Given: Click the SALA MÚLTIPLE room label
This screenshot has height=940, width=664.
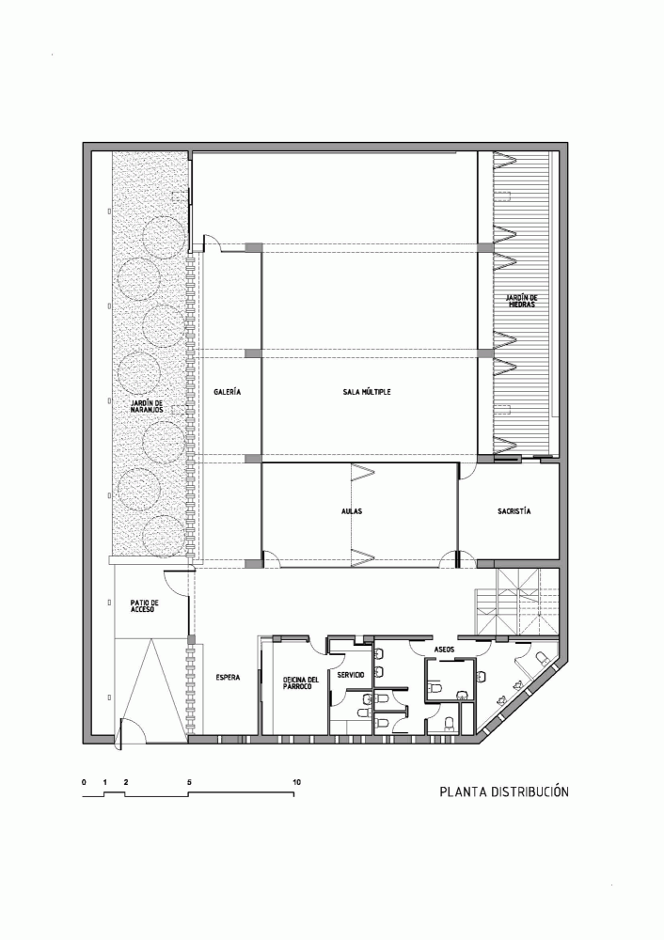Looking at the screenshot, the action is tap(367, 392).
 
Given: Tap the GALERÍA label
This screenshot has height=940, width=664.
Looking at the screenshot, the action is tap(228, 392).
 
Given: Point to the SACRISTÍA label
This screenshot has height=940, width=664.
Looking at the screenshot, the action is tap(514, 511).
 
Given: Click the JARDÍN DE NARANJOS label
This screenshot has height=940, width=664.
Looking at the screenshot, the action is tap(146, 406).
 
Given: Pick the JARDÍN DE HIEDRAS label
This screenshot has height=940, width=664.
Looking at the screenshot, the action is tap(520, 301).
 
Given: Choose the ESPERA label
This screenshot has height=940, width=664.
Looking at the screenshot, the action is tap(228, 678).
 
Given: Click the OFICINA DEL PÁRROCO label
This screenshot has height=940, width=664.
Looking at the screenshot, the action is tap(300, 682).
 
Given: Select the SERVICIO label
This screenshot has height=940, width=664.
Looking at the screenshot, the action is tap(351, 675).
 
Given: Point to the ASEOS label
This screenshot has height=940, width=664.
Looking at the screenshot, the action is tap(445, 650).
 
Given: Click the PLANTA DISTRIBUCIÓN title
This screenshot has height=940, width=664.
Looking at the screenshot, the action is tap(504, 791).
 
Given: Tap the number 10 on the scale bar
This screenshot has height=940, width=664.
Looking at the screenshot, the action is tap(296, 782).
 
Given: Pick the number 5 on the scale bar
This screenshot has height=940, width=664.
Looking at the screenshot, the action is tap(190, 782).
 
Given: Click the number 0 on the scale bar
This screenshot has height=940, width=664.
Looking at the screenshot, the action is tap(84, 782).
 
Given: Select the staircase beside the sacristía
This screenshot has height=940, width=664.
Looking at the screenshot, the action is tap(517, 602).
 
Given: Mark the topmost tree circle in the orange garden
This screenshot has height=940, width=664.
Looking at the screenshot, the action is tap(163, 236).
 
